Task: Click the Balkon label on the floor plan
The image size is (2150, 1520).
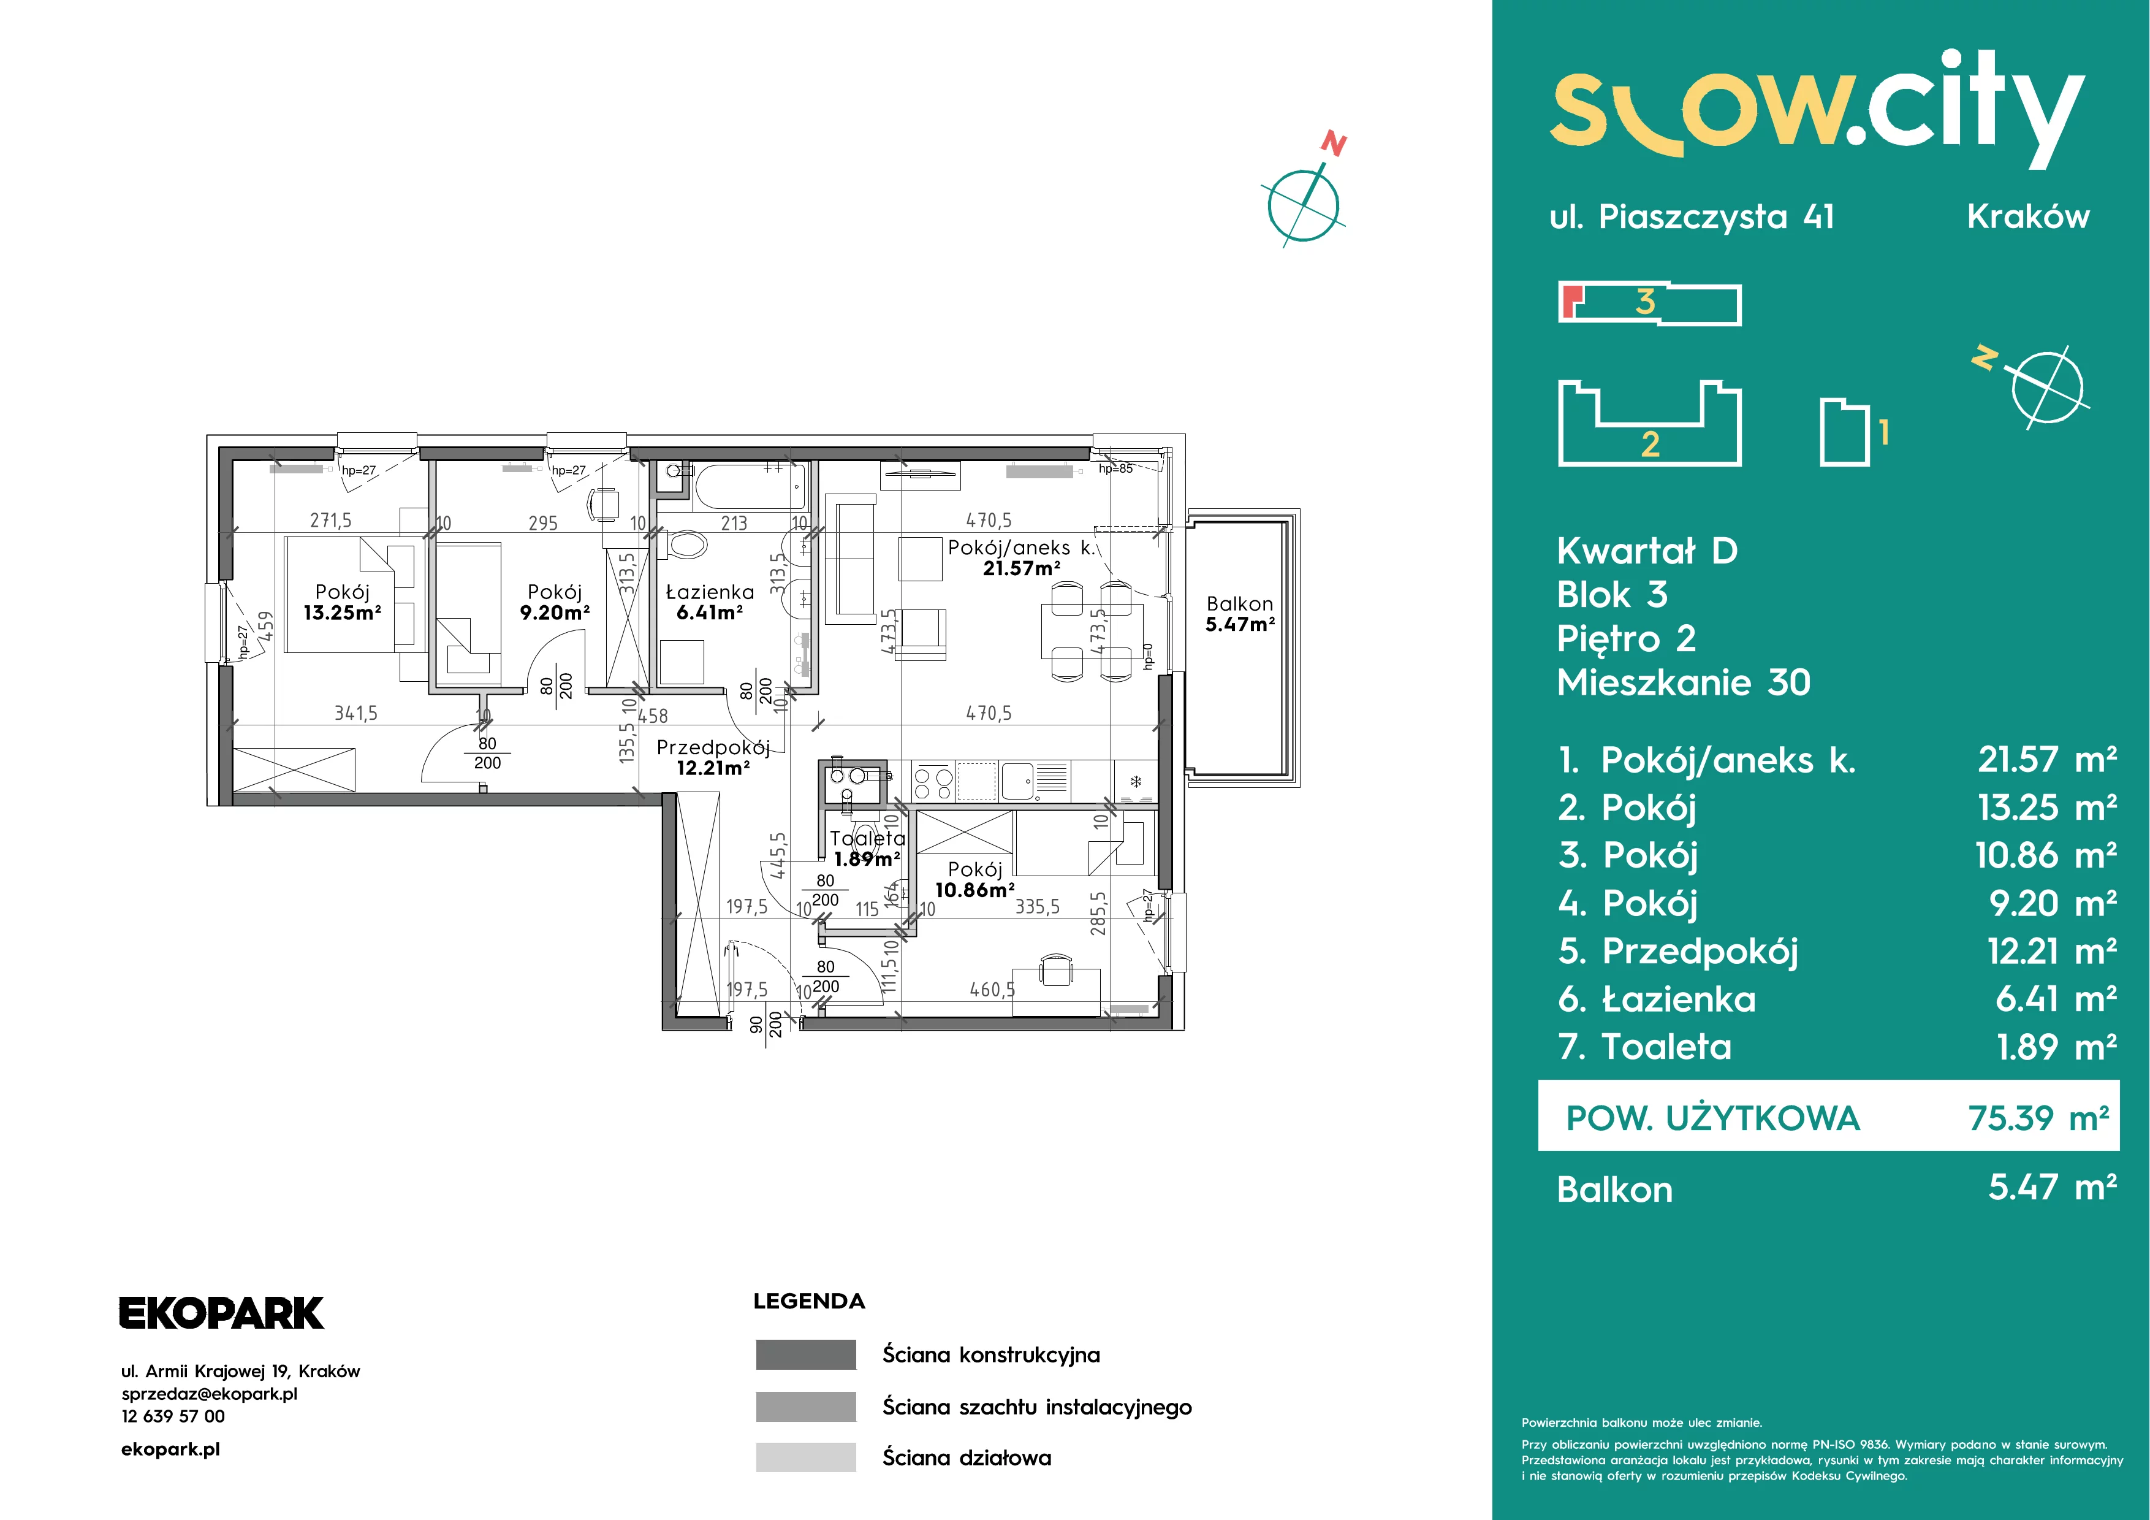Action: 1240,604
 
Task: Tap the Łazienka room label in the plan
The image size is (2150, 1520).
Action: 710,592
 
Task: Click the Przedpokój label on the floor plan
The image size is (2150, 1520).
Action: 713,748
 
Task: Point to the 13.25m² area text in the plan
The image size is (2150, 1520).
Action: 343,613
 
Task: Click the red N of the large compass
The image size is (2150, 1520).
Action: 1334,144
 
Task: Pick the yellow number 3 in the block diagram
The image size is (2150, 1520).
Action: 1645,302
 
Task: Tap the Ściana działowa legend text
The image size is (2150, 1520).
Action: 967,1457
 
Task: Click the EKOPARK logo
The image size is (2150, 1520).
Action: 221,1313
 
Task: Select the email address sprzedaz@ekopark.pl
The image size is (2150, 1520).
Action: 210,1394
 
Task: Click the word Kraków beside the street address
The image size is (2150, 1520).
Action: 2028,216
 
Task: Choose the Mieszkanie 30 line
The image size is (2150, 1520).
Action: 1684,682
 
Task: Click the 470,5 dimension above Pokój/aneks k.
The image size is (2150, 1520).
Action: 989,520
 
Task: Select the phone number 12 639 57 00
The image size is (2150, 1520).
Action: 173,1416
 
